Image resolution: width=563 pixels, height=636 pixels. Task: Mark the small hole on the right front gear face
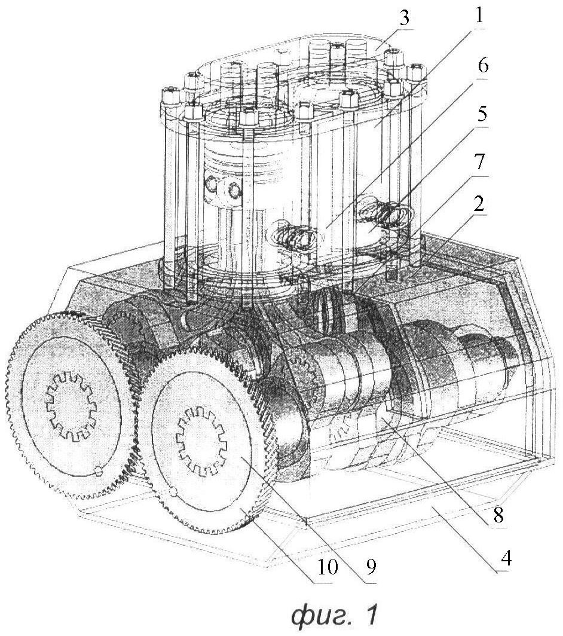pos(173,493)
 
